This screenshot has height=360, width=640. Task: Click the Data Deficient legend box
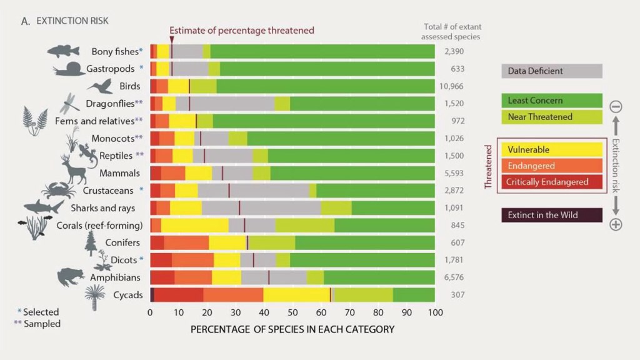[x=552, y=71]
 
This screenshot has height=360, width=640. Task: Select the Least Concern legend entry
[x=552, y=101]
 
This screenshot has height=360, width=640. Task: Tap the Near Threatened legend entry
[x=552, y=116]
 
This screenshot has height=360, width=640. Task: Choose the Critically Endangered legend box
[x=552, y=182]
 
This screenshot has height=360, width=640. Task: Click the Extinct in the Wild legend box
[x=552, y=216]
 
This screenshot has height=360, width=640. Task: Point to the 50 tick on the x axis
[x=292, y=312]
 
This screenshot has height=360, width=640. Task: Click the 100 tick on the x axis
[x=434, y=312]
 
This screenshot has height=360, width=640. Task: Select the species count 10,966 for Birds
[x=454, y=86]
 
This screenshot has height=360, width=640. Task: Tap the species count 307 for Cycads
[x=454, y=294]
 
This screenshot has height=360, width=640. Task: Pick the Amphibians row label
[x=115, y=277]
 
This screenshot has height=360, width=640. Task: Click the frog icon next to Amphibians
[x=71, y=276]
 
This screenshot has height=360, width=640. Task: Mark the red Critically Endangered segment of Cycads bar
[x=178, y=294]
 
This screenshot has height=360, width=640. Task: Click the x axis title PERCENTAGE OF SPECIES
[x=292, y=329]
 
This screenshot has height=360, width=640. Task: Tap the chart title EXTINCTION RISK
[x=72, y=21]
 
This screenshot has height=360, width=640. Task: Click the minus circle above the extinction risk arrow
[x=616, y=106]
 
